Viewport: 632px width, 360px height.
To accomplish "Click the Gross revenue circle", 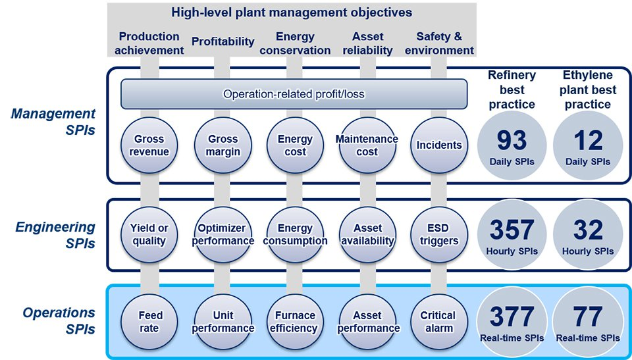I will click(149, 145).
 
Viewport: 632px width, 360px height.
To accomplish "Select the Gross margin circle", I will click(223, 145).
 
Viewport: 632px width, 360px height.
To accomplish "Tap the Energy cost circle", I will click(295, 145).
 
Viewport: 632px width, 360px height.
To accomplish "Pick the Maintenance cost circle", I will click(367, 145).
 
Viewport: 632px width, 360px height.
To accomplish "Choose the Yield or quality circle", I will click(149, 234).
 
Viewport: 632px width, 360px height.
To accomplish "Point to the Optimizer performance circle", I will click(223, 234).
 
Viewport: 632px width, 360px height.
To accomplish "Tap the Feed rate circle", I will click(149, 322).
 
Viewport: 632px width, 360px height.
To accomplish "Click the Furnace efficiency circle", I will click(295, 322).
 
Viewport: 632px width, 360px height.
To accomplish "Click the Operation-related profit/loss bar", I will click(294, 94).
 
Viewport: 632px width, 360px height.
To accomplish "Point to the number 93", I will click(512, 140).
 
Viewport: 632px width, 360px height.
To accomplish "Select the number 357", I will click(512, 230).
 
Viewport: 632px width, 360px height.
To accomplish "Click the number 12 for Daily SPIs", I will click(588, 140).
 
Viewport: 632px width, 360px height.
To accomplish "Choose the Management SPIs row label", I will click(53, 122).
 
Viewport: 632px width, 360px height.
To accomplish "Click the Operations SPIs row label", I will click(59, 321).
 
